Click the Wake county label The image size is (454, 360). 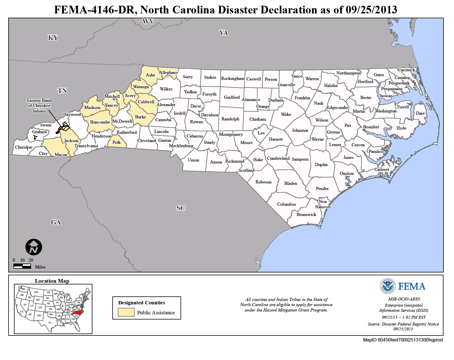click(x=286, y=114)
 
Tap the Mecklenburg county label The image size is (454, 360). click(x=181, y=146)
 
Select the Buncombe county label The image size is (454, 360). click(x=100, y=122)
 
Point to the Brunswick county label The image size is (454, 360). click(x=306, y=215)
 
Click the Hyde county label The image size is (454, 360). click(x=401, y=128)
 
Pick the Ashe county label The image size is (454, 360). click(x=151, y=75)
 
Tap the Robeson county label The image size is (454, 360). click(x=263, y=182)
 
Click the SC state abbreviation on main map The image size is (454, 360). click(x=181, y=208)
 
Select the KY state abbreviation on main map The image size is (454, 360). click(x=53, y=38)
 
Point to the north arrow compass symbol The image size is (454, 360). click(x=34, y=247)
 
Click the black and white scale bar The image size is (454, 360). click(x=22, y=266)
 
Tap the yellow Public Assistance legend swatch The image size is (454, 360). click(x=126, y=312)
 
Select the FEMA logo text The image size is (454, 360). click(x=411, y=286)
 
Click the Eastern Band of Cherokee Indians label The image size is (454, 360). click(x=39, y=106)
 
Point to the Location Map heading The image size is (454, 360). click(x=52, y=281)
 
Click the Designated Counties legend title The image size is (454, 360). click(x=141, y=303)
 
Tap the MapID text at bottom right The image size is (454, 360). click(x=403, y=340)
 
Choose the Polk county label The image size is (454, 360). click(x=116, y=142)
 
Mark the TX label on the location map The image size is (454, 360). click(x=50, y=323)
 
